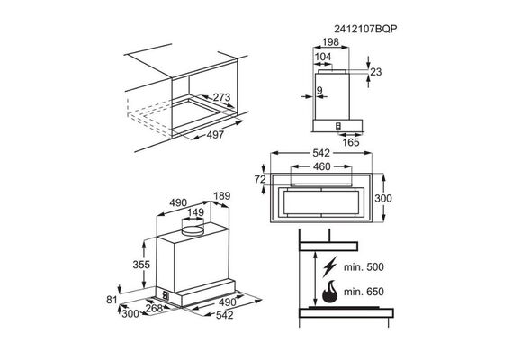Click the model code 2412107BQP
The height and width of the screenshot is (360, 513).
point(365,29)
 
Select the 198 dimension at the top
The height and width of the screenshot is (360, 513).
point(331,42)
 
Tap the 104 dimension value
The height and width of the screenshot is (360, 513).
point(323,57)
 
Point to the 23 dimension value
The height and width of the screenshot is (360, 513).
point(376,72)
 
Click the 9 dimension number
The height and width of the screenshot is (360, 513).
point(319,90)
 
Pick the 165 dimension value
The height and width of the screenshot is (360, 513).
point(351,142)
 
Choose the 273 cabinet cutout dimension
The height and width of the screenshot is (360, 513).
point(221,97)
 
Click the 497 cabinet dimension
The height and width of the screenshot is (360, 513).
point(215,135)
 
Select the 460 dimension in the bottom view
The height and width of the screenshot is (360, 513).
point(322,166)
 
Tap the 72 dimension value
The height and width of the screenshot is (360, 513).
point(260,179)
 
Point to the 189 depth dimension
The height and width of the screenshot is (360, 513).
point(222,195)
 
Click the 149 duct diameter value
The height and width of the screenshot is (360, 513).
point(195,212)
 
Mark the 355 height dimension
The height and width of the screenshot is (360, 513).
point(141,265)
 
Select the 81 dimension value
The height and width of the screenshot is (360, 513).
point(112,300)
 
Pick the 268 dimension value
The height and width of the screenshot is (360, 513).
point(154,308)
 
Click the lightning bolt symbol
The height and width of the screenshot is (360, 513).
point(329,267)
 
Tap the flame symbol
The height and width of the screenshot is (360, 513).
point(329,292)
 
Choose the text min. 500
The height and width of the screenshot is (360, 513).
point(364,267)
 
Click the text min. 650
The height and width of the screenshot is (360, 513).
point(364,292)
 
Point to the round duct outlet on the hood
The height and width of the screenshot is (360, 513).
point(193,230)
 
